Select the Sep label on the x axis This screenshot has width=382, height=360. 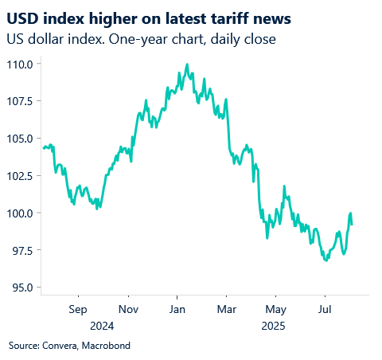pyautogui.click(x=77, y=308)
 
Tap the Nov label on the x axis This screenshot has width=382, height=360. pyautogui.click(x=128, y=308)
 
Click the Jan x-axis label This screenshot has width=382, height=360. pyautogui.click(x=177, y=308)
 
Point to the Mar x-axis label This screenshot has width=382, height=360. pyautogui.click(x=227, y=308)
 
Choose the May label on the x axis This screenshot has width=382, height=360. pyautogui.click(x=275, y=308)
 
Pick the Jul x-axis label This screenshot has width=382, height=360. pyautogui.click(x=325, y=308)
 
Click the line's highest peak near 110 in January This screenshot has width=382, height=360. pyautogui.click(x=187, y=65)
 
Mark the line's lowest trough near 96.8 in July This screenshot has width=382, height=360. pyautogui.click(x=325, y=260)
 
